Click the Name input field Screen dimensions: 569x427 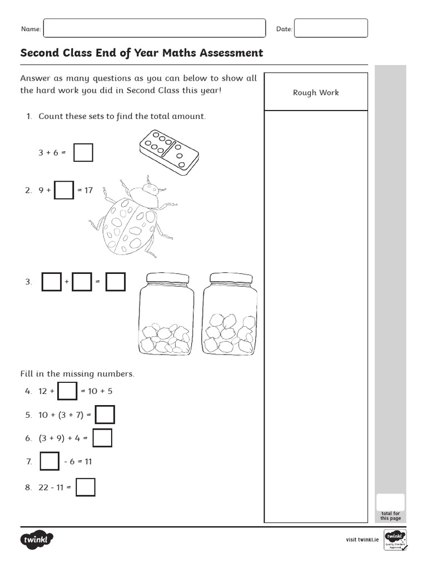154,28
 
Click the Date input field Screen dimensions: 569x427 330,28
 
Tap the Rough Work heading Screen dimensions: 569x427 315,93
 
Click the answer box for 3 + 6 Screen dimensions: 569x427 83,152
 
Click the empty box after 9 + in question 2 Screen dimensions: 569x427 64,190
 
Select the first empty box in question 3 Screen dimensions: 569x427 52,282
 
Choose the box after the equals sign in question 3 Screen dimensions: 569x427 116,282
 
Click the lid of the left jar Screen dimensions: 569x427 166,277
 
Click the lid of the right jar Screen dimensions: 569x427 230,277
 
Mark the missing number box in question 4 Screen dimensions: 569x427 67,391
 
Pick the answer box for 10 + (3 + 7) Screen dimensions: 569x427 105,415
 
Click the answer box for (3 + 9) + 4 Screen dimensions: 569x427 102,438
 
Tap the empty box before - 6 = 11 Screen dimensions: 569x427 49,461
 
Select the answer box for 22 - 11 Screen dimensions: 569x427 86,487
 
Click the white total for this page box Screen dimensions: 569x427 390,502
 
